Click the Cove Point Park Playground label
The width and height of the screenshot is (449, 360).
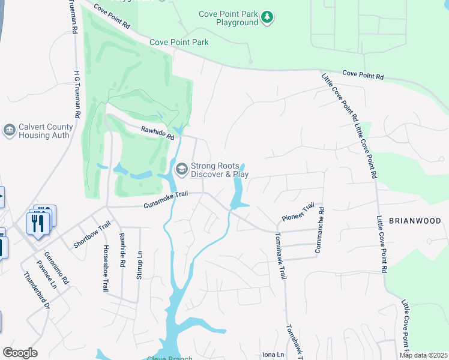pos(228,18)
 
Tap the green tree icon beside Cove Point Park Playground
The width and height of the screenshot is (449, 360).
pos(268,18)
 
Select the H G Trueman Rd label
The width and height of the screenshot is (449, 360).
pos(77,92)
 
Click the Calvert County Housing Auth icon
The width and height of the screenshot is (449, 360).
pos(9,131)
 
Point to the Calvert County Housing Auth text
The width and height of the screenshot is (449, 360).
pos(46,131)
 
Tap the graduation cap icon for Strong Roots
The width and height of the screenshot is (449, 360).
pos(181,170)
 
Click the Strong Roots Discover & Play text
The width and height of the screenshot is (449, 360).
pos(220,170)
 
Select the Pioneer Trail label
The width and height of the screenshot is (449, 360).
pos(298,211)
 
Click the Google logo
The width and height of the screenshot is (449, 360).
pos(20,353)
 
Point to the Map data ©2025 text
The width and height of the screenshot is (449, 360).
pos(423,355)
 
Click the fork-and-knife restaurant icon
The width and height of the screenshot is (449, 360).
pos(37,223)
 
